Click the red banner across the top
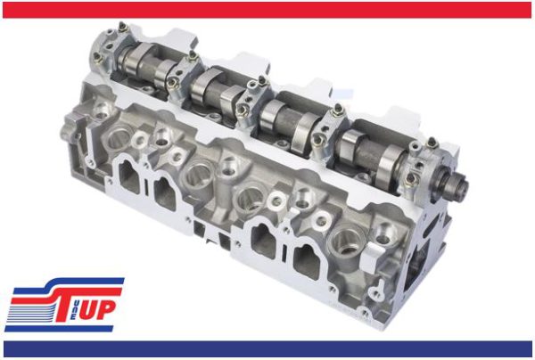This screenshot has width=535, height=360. (267, 10)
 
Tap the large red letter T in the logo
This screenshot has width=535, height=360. (70, 303)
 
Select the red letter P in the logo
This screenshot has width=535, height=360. (105, 309)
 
